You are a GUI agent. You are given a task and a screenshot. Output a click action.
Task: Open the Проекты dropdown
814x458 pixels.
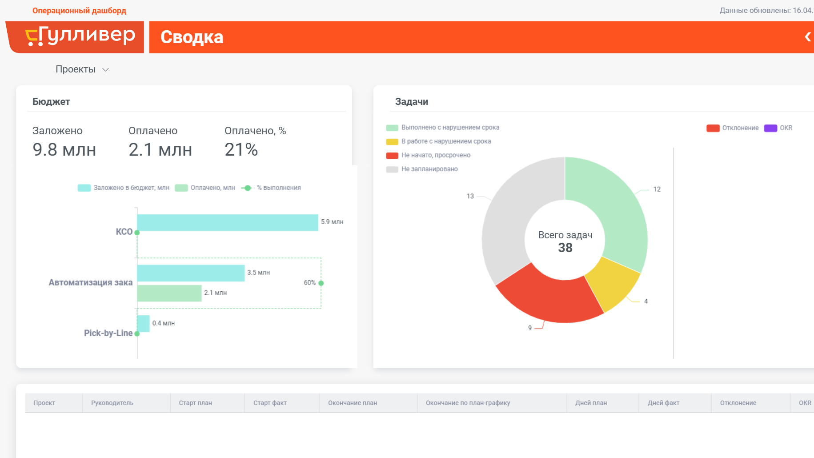[82, 69]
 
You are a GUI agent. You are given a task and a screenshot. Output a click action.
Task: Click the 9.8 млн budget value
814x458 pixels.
[64, 150]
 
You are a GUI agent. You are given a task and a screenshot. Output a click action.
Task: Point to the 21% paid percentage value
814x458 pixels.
[241, 150]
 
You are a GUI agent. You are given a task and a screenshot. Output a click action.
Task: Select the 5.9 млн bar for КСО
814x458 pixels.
[228, 222]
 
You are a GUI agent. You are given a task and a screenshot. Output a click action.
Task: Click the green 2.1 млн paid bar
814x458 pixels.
[169, 293]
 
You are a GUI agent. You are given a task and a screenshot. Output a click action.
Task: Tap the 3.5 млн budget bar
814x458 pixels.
[191, 273]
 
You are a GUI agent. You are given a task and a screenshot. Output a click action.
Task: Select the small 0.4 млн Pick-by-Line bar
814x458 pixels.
[143, 324]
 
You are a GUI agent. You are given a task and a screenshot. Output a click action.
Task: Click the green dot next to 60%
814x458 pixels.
[321, 283]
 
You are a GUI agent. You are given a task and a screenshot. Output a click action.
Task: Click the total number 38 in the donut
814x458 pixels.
[565, 248]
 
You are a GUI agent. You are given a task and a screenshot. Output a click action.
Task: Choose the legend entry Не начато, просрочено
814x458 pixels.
[429, 155]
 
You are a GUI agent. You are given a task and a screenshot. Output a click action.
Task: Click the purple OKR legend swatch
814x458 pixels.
[770, 128]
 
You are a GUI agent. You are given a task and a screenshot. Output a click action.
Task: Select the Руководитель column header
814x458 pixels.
[112, 403]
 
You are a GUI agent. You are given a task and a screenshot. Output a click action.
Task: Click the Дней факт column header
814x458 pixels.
[663, 403]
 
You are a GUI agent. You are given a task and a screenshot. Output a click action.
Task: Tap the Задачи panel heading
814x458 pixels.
[412, 102]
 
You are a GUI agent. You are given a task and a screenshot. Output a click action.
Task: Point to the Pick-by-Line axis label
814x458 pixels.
[108, 333]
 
